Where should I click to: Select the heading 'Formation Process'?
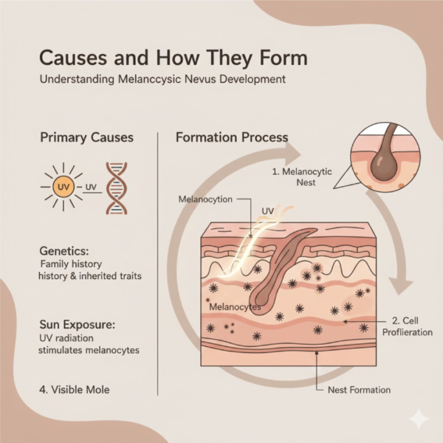[231, 138]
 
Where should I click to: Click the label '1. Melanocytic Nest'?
[303, 175]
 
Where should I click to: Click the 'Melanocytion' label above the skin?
[205, 199]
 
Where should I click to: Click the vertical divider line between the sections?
[159, 258]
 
